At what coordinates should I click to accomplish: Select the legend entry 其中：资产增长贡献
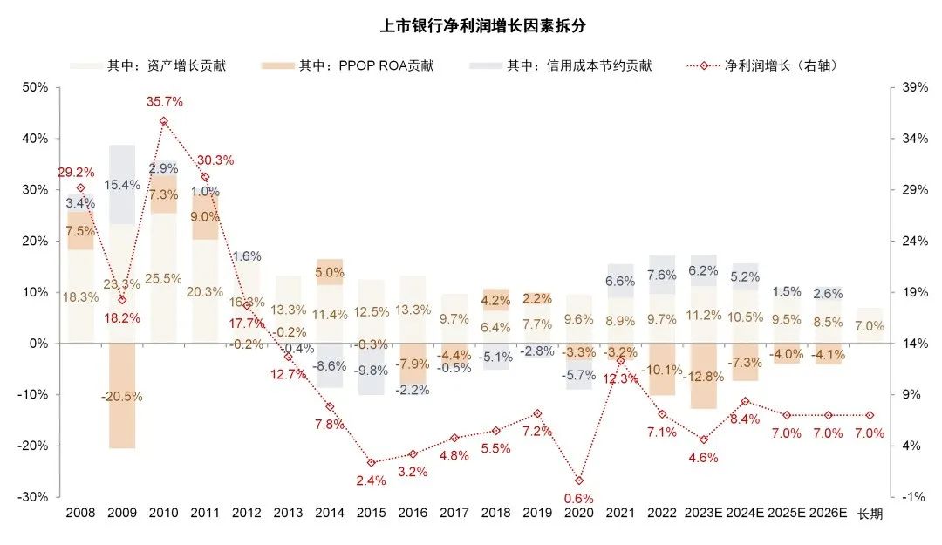click(x=166, y=65)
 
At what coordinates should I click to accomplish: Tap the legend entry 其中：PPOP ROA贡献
click(x=365, y=65)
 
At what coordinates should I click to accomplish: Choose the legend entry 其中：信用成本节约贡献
click(x=579, y=65)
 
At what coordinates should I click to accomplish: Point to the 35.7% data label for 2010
click(x=164, y=102)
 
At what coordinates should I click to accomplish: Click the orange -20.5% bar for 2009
click(x=122, y=397)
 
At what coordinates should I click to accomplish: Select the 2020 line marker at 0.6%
click(x=579, y=480)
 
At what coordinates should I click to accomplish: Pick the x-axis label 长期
click(x=870, y=514)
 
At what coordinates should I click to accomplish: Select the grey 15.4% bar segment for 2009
click(x=122, y=185)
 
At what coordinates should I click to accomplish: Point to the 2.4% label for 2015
click(x=371, y=480)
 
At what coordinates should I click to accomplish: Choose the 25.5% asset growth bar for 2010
click(x=164, y=278)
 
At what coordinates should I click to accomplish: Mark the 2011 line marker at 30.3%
click(x=206, y=177)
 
